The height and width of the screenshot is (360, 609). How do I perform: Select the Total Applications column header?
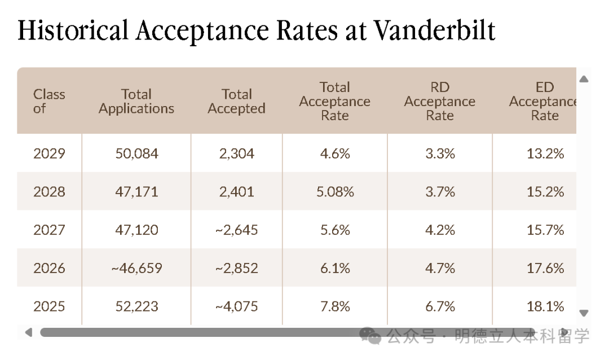click(136, 102)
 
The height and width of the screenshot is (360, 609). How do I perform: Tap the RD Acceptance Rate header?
click(439, 102)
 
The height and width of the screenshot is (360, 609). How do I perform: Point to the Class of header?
click(49, 102)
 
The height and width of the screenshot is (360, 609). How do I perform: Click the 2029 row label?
click(49, 153)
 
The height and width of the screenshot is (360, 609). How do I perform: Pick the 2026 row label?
click(49, 269)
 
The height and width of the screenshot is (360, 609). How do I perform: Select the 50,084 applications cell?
click(136, 153)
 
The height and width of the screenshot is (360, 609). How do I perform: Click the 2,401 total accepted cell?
click(236, 192)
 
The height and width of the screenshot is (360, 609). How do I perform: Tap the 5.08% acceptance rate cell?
click(335, 192)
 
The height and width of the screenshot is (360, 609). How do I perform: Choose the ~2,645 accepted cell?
click(236, 230)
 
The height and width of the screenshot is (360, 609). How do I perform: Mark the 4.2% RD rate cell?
click(440, 230)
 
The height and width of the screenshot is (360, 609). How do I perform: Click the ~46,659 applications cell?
click(136, 269)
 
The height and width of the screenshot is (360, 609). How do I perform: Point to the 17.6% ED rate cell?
click(545, 269)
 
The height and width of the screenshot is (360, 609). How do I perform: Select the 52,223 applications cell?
click(136, 307)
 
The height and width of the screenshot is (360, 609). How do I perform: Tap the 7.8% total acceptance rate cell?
click(335, 307)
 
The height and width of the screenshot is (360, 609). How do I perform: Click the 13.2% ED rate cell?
click(545, 153)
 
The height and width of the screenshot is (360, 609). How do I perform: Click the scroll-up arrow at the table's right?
click(584, 79)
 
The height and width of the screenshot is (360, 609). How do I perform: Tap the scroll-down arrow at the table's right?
click(584, 313)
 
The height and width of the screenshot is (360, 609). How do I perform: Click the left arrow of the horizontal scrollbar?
click(28, 332)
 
